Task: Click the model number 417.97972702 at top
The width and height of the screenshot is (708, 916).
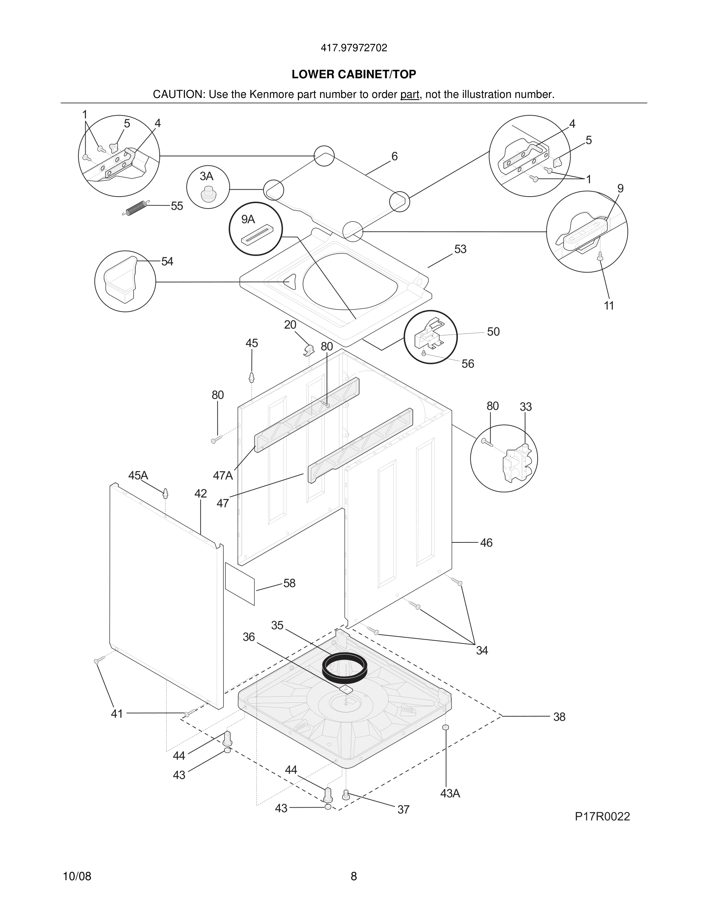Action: [x=354, y=48]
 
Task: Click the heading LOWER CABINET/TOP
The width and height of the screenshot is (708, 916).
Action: [x=354, y=74]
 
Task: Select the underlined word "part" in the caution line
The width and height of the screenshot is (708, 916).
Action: [x=410, y=95]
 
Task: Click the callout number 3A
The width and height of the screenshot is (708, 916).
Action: [x=206, y=176]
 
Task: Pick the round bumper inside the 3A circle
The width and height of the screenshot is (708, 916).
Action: [x=207, y=195]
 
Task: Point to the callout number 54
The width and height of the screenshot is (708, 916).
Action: [x=167, y=262]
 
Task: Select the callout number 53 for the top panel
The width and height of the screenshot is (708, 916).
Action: [x=460, y=249]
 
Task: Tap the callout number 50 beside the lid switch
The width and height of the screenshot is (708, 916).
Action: [x=493, y=332]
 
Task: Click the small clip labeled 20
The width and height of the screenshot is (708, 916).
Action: [x=309, y=349]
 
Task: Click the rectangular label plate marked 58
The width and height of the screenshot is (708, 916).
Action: [x=240, y=584]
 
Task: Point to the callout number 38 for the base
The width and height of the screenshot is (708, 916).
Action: [x=559, y=717]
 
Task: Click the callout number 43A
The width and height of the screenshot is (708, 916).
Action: [x=450, y=793]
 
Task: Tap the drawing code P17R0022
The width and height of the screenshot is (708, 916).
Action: [x=602, y=816]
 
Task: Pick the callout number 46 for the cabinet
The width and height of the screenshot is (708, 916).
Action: [x=486, y=543]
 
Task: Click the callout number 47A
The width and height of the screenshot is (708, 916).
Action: [x=223, y=476]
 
